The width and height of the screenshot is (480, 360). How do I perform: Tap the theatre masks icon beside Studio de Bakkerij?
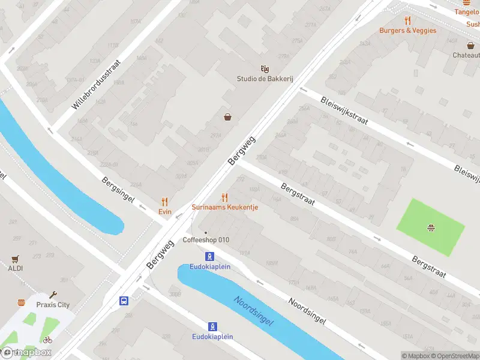(x=263, y=69)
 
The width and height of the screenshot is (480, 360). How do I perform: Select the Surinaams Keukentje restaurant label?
(x=225, y=207)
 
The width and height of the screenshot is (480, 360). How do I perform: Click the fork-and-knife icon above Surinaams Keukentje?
(x=225, y=197)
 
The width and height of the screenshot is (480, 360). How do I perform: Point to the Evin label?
(x=165, y=212)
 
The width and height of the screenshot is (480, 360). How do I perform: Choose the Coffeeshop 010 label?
(x=206, y=240)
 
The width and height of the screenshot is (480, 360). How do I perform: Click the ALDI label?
(x=16, y=268)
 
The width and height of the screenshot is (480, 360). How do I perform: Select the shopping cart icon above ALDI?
(x=16, y=259)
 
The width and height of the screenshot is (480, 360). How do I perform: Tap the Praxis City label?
(x=53, y=305)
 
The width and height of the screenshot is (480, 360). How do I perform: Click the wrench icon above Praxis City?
(x=53, y=295)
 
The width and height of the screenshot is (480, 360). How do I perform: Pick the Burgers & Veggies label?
(x=407, y=31)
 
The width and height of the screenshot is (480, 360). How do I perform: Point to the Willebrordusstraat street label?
(x=96, y=84)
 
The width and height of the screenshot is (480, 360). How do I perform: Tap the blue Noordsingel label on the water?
(x=253, y=311)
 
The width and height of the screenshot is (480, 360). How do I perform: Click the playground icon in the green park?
(x=430, y=227)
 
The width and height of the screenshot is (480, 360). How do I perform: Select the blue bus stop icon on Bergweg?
(x=124, y=301)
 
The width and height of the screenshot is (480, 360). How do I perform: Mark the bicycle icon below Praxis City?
(x=47, y=340)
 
